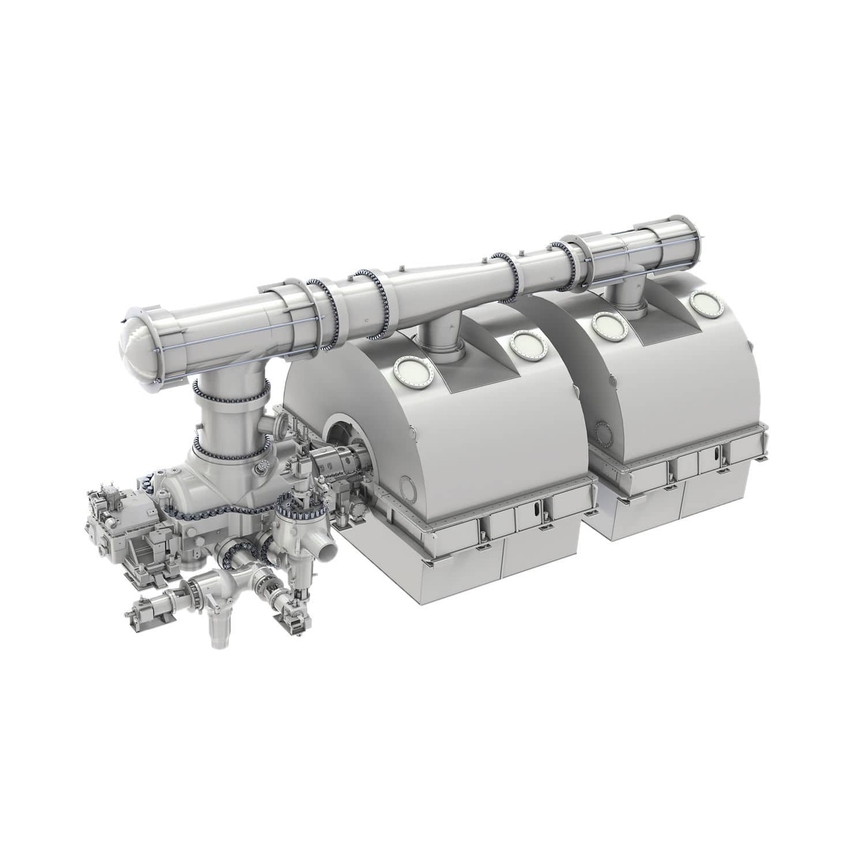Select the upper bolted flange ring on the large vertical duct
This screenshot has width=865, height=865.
[x=231, y=395]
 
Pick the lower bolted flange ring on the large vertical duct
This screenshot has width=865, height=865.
[x=231, y=447]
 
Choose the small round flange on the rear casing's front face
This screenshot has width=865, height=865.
[x=603, y=430]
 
